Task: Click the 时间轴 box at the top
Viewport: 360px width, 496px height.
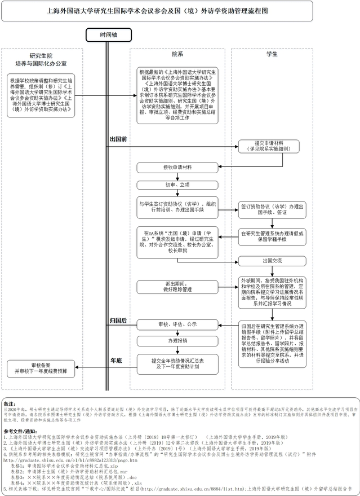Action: (109, 34)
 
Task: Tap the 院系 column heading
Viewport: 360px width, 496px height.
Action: (177, 54)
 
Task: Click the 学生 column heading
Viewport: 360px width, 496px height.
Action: (272, 54)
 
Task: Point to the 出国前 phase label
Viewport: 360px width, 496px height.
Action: (118, 138)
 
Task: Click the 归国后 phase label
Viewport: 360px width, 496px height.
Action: (118, 321)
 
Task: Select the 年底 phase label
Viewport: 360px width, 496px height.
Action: (117, 359)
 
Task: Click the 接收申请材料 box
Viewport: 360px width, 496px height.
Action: (177, 168)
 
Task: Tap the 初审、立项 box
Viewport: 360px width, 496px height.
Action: (177, 184)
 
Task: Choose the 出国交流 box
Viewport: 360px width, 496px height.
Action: (272, 261)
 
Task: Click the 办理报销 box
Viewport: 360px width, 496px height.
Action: (177, 341)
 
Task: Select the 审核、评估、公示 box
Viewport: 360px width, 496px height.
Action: (177, 324)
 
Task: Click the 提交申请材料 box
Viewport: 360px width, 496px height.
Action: (272, 146)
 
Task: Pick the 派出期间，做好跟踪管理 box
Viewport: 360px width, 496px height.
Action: (177, 286)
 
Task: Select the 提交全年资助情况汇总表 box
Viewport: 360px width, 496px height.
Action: (177, 363)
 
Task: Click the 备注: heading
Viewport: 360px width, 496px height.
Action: (10, 404)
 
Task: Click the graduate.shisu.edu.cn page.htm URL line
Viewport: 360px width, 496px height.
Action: (71, 460)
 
